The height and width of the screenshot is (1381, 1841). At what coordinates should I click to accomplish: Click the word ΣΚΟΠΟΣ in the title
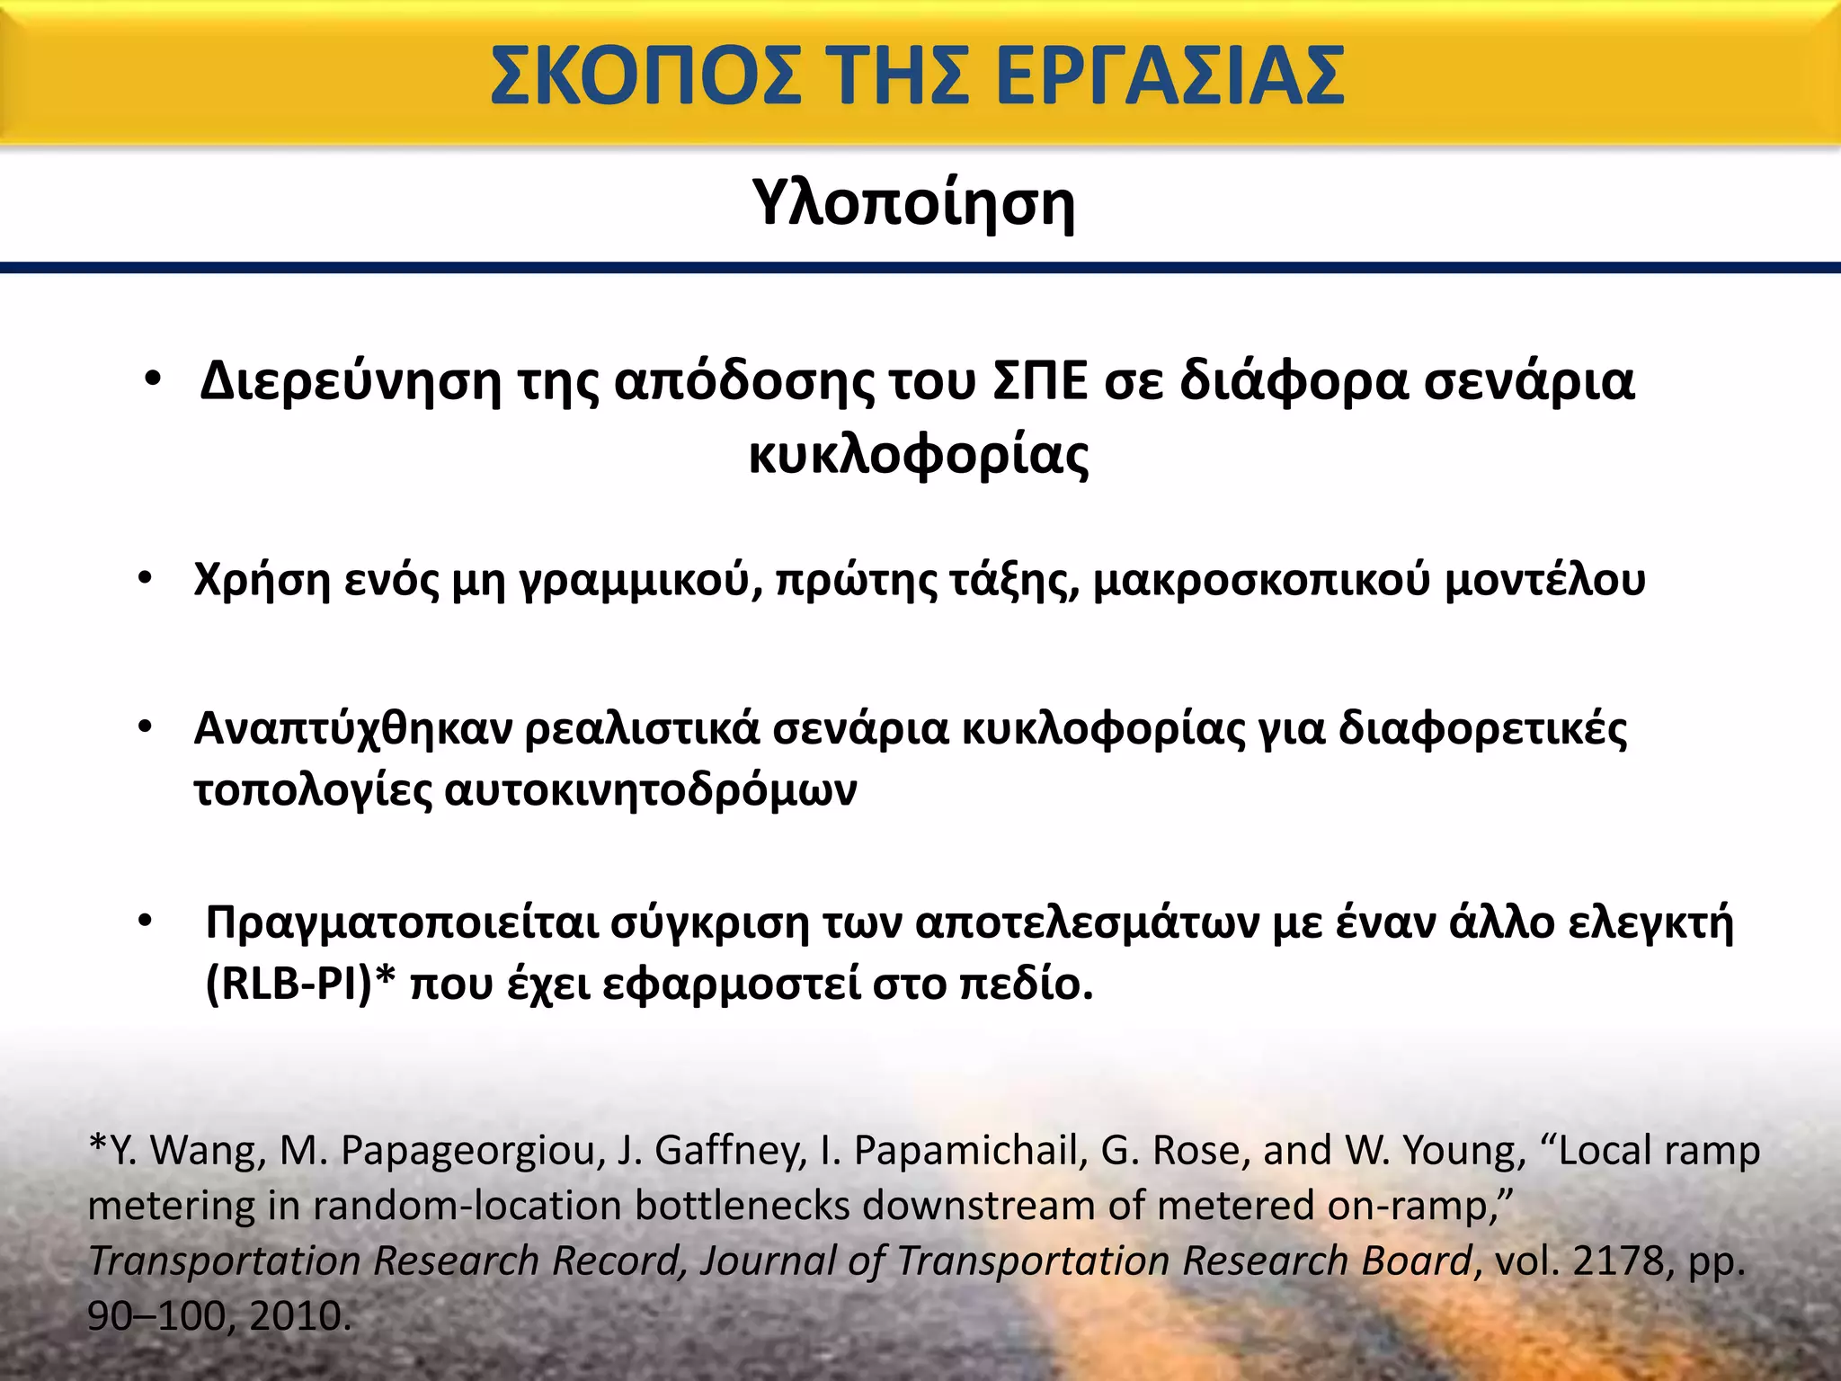[x=645, y=76]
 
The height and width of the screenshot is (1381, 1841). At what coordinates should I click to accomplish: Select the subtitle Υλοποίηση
[x=913, y=203]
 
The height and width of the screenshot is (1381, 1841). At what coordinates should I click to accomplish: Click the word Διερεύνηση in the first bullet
[x=351, y=381]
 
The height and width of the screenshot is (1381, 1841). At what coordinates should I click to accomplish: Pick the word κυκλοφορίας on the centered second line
[x=919, y=455]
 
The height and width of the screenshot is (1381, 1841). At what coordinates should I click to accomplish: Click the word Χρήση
[x=262, y=581]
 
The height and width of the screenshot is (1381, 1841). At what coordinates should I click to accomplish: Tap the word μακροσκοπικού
[x=1261, y=581]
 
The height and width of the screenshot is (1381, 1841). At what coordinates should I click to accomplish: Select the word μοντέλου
[x=1545, y=581]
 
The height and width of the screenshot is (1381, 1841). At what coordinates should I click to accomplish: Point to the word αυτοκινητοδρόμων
[x=651, y=791]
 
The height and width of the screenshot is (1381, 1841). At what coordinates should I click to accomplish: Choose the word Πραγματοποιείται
[x=402, y=923]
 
